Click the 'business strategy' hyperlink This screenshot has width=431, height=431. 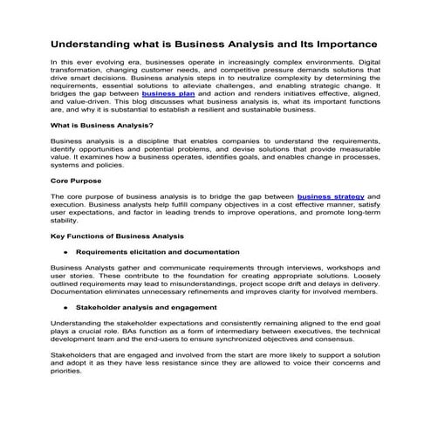[330, 196]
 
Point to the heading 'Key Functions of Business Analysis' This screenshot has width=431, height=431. [117, 236]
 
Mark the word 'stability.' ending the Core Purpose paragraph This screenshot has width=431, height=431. [65, 220]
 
